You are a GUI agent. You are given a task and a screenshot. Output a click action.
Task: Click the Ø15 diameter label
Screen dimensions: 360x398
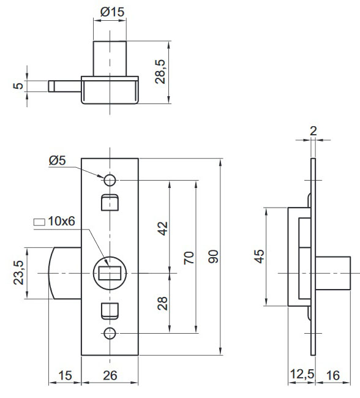[112, 12]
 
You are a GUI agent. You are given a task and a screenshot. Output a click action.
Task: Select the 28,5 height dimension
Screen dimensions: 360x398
[160, 72]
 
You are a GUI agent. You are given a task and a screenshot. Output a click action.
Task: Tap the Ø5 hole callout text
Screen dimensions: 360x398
[57, 160]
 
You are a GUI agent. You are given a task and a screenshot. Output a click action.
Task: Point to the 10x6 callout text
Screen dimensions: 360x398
[61, 221]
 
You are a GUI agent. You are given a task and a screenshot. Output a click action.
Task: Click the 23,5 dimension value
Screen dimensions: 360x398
[18, 272]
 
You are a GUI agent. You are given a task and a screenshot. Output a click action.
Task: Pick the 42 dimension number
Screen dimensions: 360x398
[162, 228]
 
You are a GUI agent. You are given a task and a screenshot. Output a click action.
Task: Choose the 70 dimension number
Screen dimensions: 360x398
[189, 258]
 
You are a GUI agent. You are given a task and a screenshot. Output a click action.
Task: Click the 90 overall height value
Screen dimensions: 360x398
[213, 257]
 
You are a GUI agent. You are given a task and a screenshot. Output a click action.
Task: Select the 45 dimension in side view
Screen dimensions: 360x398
[259, 257]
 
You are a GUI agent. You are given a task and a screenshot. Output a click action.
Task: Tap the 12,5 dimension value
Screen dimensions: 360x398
[302, 374]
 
